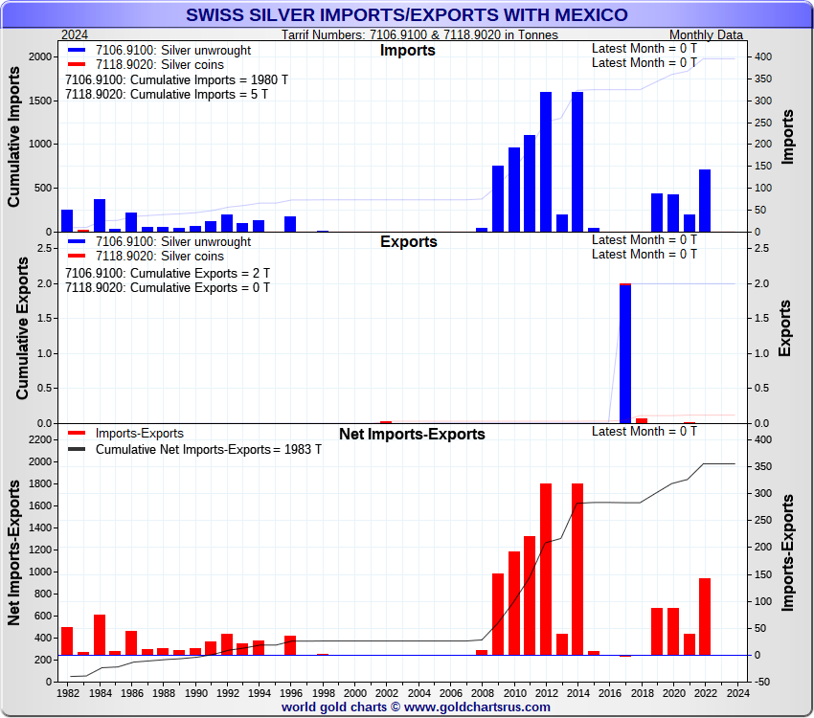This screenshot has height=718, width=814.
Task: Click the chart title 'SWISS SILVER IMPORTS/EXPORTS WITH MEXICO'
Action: [406, 15]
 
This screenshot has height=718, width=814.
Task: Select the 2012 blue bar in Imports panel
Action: [546, 162]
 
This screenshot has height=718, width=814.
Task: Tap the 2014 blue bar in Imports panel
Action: [577, 162]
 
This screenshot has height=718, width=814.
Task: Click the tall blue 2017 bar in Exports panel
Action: [625, 353]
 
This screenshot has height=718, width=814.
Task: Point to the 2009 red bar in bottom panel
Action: [498, 614]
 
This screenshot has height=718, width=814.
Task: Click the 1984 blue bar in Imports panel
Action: [100, 215]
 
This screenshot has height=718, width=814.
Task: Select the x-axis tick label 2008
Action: [483, 692]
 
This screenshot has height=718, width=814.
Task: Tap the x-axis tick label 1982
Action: [69, 692]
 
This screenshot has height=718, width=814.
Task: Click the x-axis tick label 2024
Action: [735, 692]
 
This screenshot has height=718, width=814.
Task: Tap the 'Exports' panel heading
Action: [408, 242]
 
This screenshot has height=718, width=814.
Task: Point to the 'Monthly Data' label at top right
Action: [707, 34]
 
